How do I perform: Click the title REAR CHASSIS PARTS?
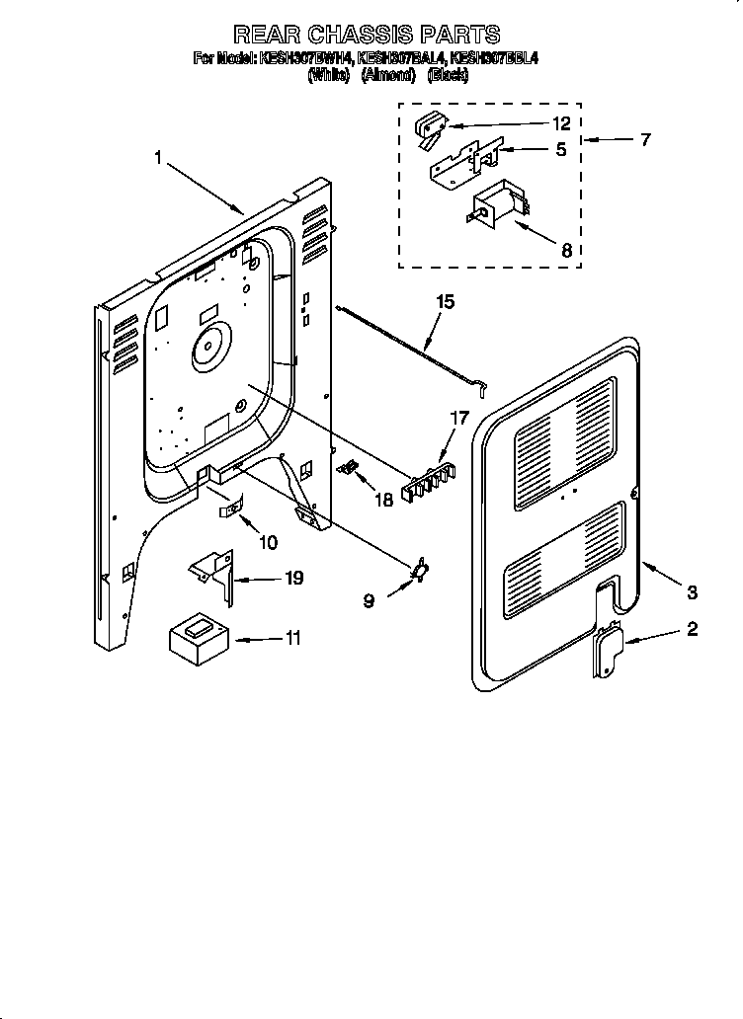367,36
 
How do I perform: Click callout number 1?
157,156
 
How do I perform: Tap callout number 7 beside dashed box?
644,139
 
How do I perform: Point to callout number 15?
445,302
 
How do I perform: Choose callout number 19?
293,578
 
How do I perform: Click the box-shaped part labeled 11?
199,638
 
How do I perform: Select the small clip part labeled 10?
228,509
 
